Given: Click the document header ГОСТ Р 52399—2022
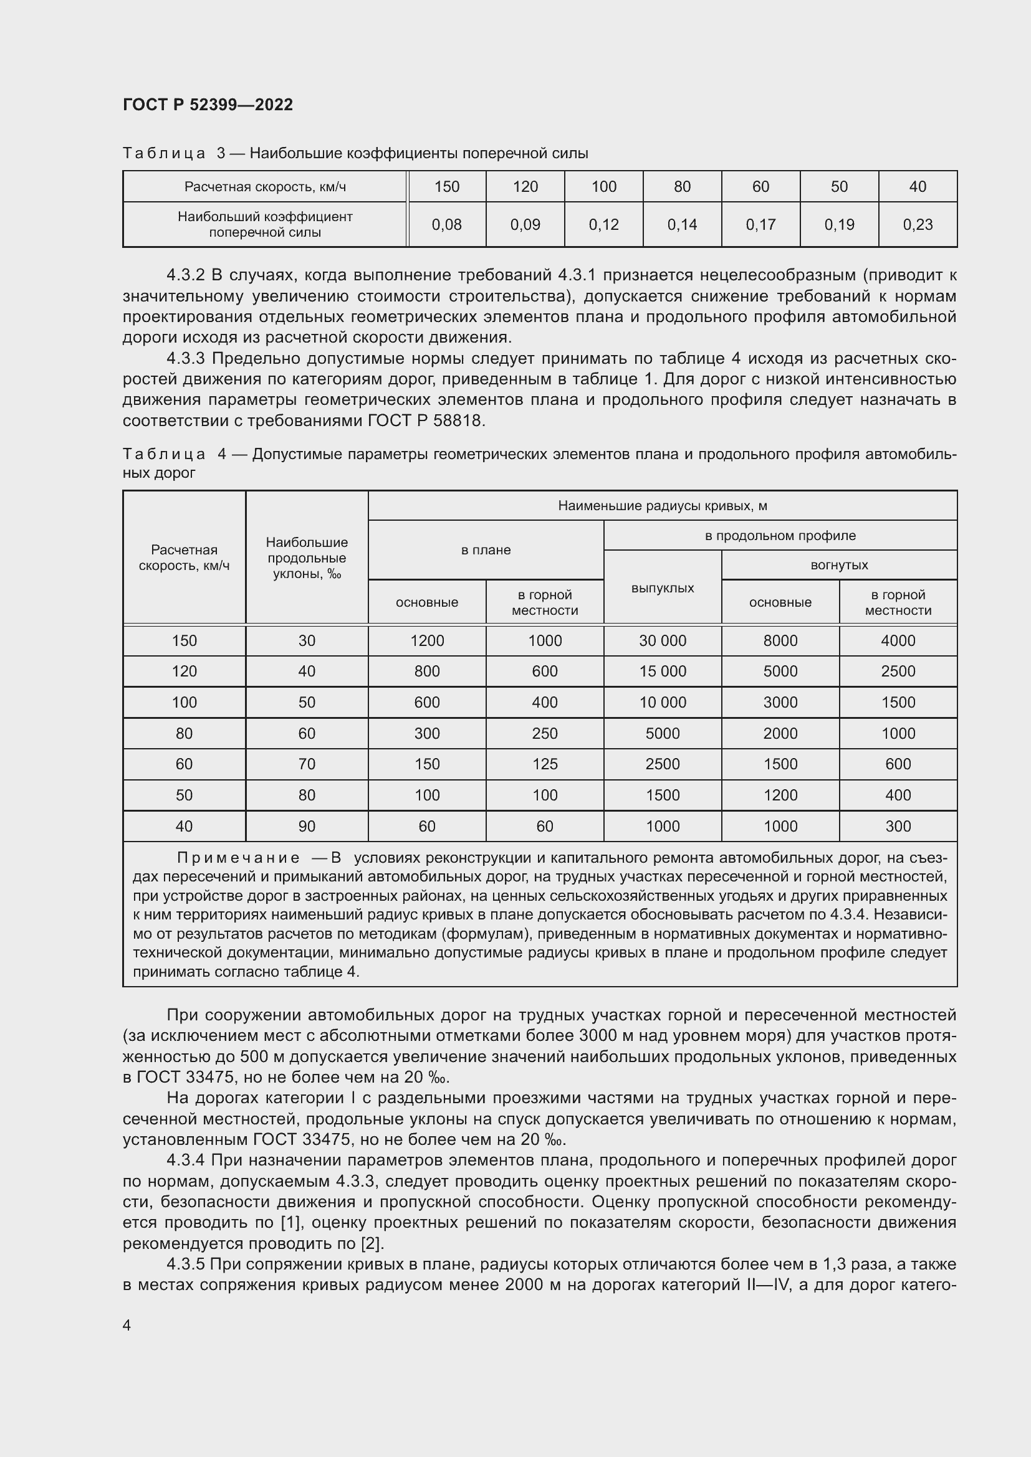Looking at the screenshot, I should tap(208, 105).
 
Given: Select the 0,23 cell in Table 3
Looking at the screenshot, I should tap(918, 225).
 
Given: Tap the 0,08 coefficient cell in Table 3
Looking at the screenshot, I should tap(446, 225).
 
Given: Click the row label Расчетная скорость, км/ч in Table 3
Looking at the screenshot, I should tap(265, 187).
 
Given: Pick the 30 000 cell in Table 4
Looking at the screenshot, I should tap(662, 641).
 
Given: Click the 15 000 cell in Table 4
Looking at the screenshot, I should tap(662, 672).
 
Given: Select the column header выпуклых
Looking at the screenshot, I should tap(662, 587).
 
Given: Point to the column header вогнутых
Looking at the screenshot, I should tap(838, 565).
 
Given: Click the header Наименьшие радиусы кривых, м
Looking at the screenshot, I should tap(662, 506).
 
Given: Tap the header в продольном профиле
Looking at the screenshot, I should tap(780, 536).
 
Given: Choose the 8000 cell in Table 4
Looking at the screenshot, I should tap(780, 641).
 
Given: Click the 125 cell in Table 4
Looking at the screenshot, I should tap(545, 764).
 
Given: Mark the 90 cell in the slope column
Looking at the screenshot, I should tap(307, 826).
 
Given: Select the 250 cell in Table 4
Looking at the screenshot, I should tap(545, 734).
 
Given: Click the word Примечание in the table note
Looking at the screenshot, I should tap(238, 858).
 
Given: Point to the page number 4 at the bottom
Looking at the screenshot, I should tap(127, 1325).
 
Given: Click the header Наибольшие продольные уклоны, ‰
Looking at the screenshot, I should tap(307, 558).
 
